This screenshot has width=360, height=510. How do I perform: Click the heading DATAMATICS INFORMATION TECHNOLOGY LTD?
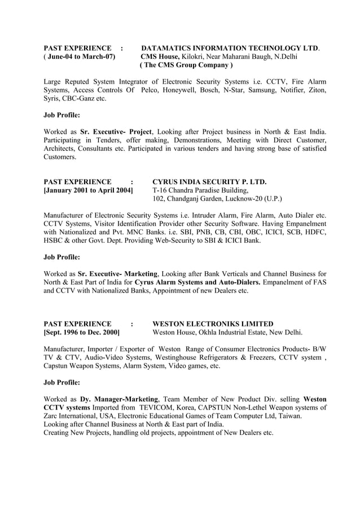[x=230, y=48]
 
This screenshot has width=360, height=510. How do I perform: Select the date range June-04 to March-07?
[x=81, y=57]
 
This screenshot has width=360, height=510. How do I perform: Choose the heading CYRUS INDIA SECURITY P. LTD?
[x=210, y=182]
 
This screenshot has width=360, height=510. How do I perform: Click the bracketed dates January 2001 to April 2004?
[x=89, y=190]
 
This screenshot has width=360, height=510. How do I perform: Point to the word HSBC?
[x=55, y=241]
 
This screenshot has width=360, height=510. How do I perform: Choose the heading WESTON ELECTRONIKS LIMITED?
[x=213, y=324]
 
